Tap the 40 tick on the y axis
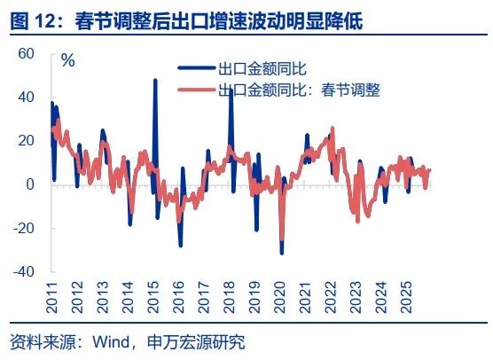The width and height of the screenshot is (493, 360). tap(26, 97)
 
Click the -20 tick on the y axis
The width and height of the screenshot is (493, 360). tap(23, 228)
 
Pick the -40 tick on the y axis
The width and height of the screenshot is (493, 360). tap(23, 271)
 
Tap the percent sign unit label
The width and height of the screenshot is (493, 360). tap(67, 61)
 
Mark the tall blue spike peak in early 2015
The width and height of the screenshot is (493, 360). tap(155, 80)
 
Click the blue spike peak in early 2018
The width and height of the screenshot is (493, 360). tap(231, 90)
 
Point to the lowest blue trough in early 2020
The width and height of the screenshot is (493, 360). tap(282, 254)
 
